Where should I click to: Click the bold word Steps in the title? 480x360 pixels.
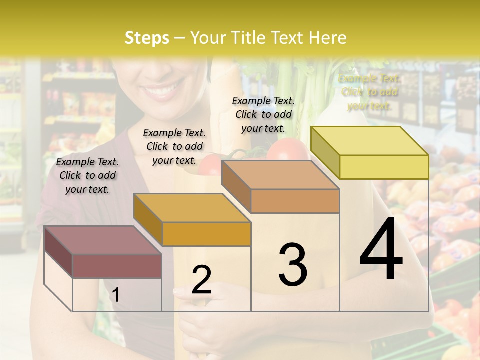147,38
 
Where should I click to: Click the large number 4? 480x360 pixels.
381,249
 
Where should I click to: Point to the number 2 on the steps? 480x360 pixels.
201,280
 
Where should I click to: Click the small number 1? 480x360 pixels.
115,295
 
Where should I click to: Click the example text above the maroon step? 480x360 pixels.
87,175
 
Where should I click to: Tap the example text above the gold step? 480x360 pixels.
174,146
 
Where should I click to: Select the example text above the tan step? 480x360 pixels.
263,114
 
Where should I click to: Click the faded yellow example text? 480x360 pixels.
369,92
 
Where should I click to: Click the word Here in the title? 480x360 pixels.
328,38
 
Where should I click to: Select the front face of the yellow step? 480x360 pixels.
384,167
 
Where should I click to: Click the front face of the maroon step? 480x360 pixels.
117,266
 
